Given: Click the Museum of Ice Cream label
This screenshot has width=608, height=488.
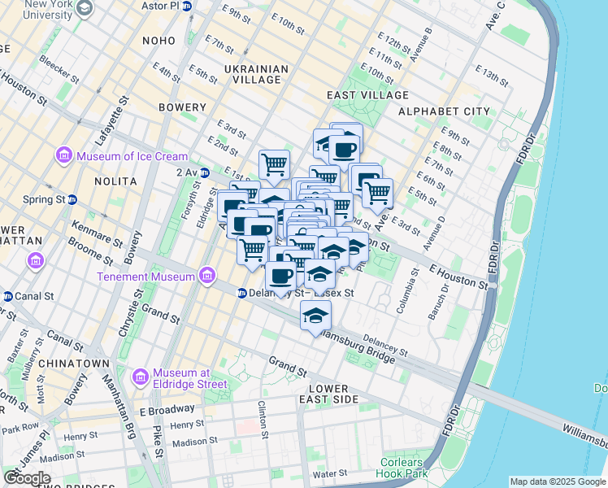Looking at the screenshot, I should pyautogui.click(x=132, y=156).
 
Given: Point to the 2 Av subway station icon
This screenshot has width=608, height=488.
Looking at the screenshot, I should pyautogui.click(x=205, y=172).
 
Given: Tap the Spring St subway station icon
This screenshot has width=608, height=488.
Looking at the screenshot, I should pyautogui.click(x=72, y=199).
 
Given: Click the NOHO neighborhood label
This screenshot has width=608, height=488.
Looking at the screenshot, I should pyautogui.click(x=159, y=41).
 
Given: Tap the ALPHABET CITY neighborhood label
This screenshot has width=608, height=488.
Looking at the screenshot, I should pyautogui.click(x=443, y=111).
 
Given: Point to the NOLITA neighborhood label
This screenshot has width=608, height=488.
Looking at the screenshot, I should pyautogui.click(x=117, y=181).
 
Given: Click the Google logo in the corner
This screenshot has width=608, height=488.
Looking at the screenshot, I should pyautogui.click(x=27, y=478).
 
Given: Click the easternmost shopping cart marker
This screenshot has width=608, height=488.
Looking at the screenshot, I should pyautogui.click(x=377, y=193).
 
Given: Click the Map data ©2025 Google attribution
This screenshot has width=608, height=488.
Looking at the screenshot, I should pyautogui.click(x=557, y=481).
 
